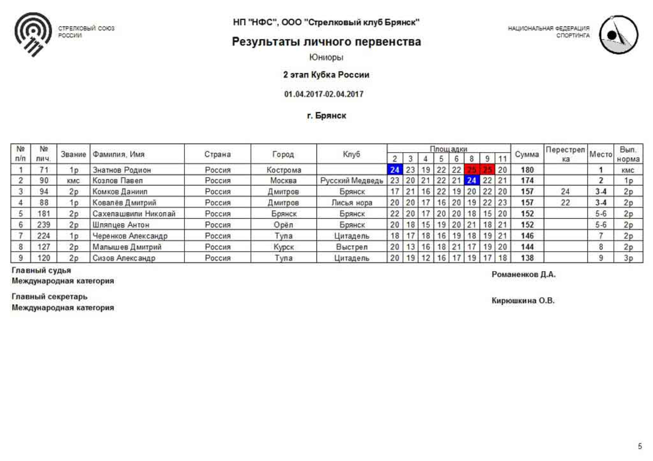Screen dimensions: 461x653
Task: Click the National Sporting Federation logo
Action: (619, 35)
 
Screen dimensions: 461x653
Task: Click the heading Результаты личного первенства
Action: (326, 42)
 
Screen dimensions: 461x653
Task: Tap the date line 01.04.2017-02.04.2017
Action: (324, 94)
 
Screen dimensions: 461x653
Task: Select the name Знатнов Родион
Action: (122, 170)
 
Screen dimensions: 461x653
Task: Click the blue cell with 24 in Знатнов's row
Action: (395, 170)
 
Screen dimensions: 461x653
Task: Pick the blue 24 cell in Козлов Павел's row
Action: (472, 181)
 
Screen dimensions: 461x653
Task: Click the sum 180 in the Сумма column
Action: (527, 170)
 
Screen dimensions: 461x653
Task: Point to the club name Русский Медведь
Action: (352, 181)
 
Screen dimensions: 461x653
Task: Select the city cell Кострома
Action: (284, 170)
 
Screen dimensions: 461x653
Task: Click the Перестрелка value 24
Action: (565, 191)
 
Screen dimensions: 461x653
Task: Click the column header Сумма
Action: (527, 154)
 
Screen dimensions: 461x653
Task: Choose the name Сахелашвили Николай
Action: (134, 214)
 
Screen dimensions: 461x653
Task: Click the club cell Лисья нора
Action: (352, 203)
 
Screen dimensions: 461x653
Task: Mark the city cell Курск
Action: (284, 247)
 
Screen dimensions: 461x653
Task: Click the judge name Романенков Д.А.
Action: (523, 275)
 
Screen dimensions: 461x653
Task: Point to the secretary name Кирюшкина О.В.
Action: (523, 300)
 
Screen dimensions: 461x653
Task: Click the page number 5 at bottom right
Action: (640, 446)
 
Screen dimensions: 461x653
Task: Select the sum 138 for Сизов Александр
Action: (527, 258)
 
